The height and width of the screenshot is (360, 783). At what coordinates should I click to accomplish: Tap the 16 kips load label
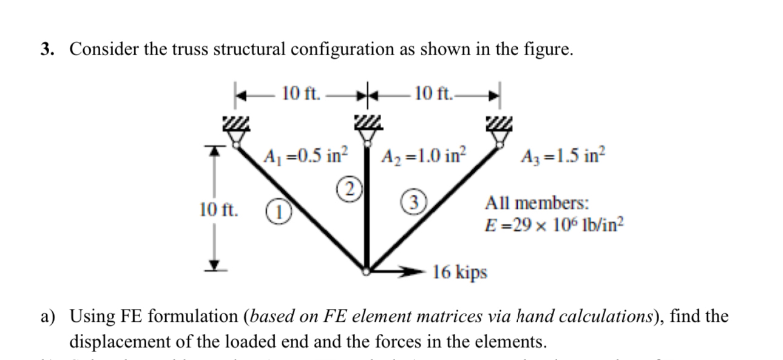(460, 272)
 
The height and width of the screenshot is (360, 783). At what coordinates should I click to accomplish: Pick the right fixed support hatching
(499, 124)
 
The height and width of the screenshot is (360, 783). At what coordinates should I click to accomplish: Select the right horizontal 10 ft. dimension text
(432, 93)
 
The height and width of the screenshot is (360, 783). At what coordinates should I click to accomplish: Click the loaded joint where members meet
(366, 271)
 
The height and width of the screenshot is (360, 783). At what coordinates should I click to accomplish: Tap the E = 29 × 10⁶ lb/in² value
(551, 226)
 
